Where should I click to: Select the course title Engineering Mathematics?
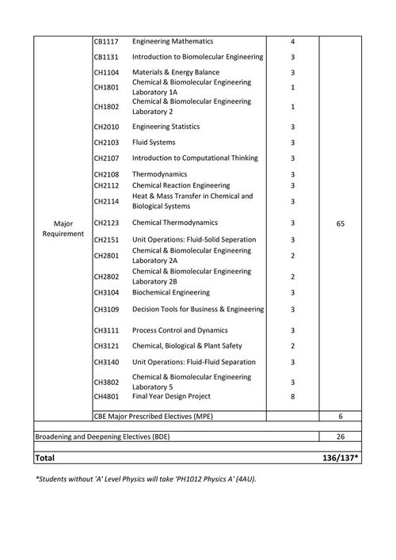172,41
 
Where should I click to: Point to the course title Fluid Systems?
154,143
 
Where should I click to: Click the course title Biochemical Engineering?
170,292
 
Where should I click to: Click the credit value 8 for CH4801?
292,396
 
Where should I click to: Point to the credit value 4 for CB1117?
292,41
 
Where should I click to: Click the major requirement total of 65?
340,224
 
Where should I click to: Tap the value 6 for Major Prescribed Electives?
340,416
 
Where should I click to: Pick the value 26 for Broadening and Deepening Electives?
340,436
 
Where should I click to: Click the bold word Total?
45,459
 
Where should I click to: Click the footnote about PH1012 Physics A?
146,479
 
